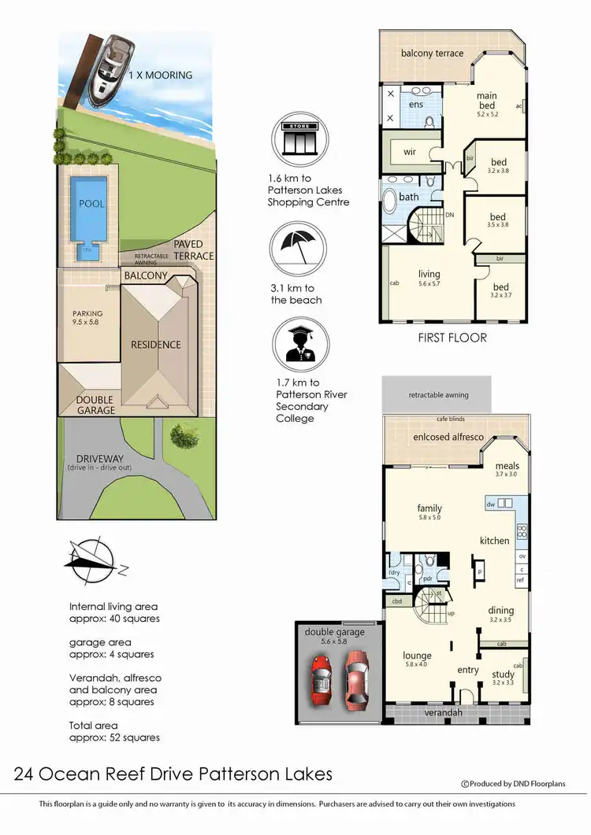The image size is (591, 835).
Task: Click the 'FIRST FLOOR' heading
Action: click(x=452, y=338)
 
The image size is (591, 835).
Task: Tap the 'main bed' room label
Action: click(x=487, y=101)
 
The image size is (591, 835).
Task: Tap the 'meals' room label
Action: click(x=507, y=466)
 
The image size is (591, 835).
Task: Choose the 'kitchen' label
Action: click(x=495, y=541)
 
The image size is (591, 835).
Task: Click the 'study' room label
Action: click(x=503, y=674)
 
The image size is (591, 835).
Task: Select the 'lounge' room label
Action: click(x=417, y=656)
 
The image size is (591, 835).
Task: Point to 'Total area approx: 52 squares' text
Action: click(x=114, y=731)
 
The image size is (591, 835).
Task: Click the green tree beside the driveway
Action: click(x=184, y=433)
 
